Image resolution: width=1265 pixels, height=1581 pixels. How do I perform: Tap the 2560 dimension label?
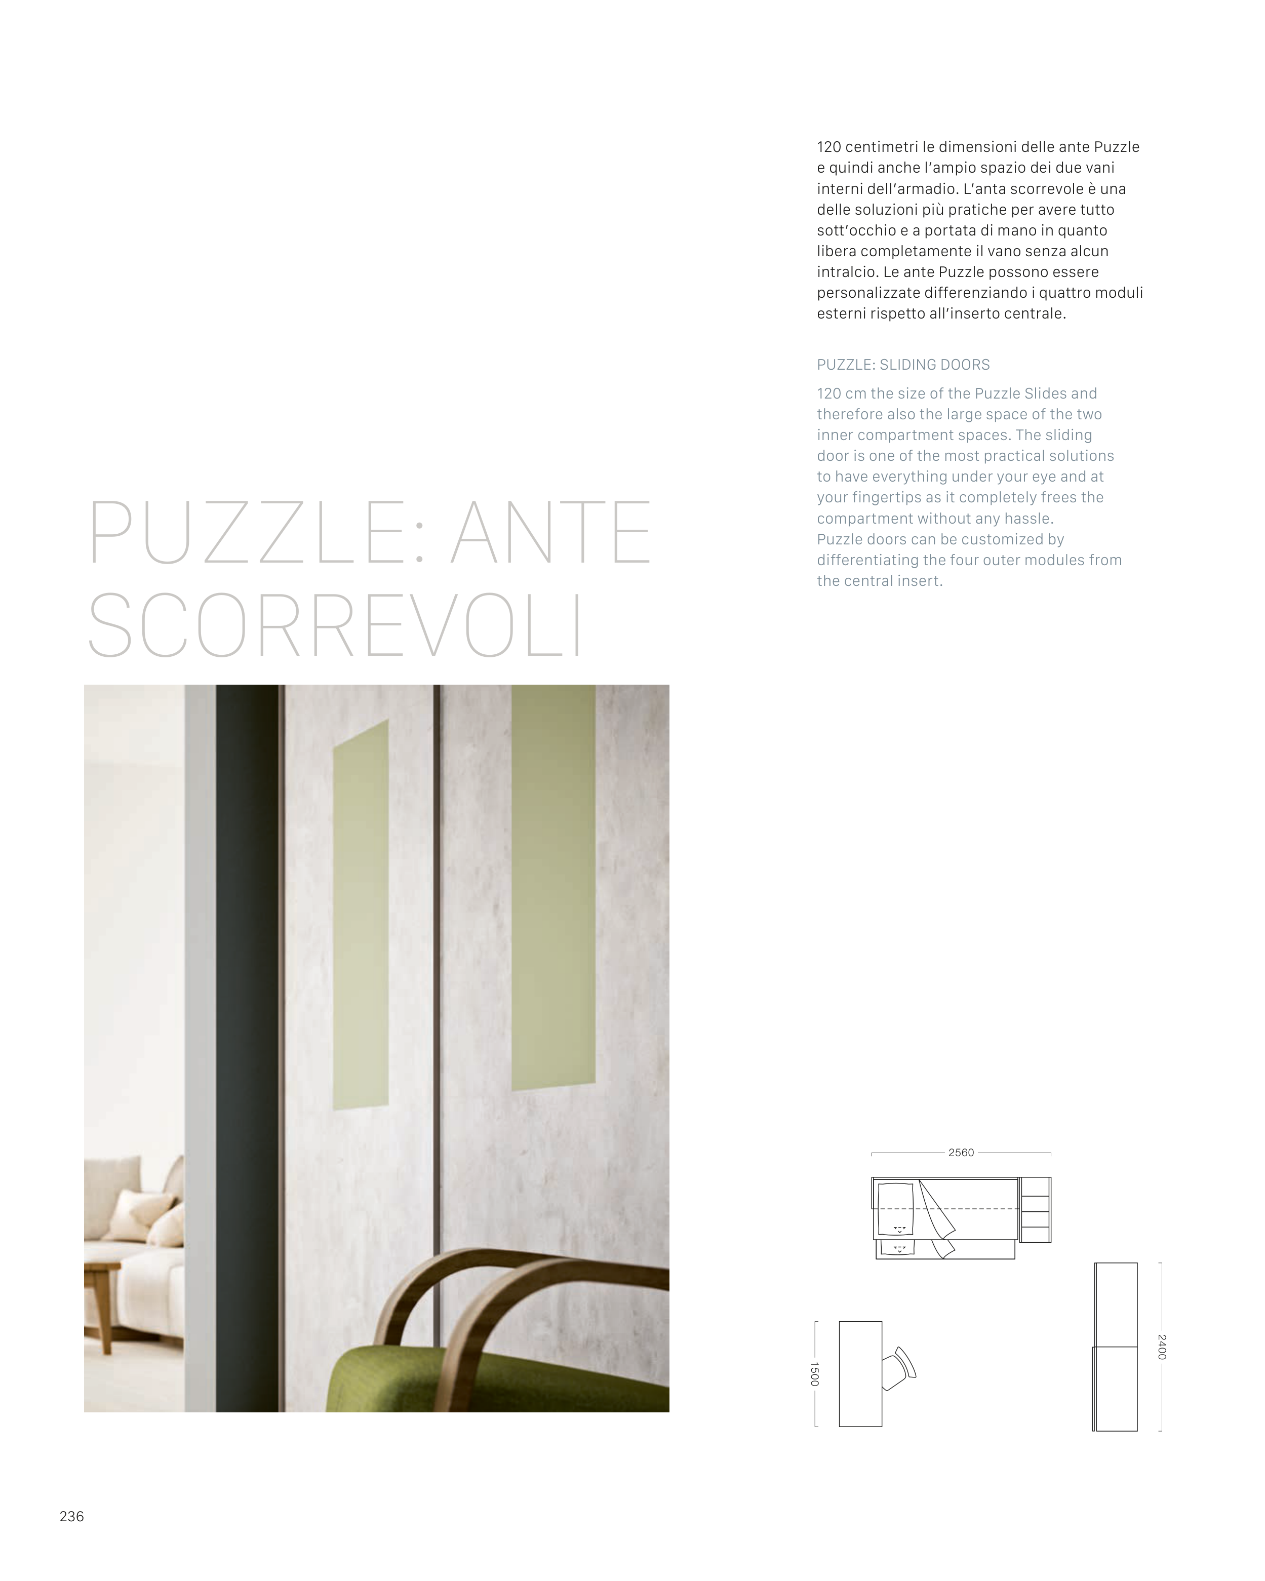point(961,1153)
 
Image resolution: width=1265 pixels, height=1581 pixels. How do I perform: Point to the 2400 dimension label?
point(1162,1347)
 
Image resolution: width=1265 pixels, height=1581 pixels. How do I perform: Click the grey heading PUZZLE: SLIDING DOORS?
point(903,365)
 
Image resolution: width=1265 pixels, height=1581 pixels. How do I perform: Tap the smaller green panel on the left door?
point(360,917)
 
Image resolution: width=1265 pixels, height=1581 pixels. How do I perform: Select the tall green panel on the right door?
point(553,887)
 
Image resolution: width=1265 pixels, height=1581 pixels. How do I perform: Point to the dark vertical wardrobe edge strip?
point(247,1026)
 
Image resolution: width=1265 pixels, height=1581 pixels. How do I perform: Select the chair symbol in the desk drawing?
point(899,1368)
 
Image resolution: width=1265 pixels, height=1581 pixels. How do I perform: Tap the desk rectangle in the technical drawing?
point(860,1373)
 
